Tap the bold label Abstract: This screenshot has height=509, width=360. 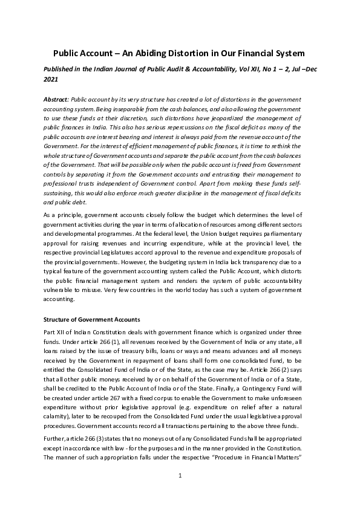tap(56, 99)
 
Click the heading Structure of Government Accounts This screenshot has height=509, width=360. tap(91, 319)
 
